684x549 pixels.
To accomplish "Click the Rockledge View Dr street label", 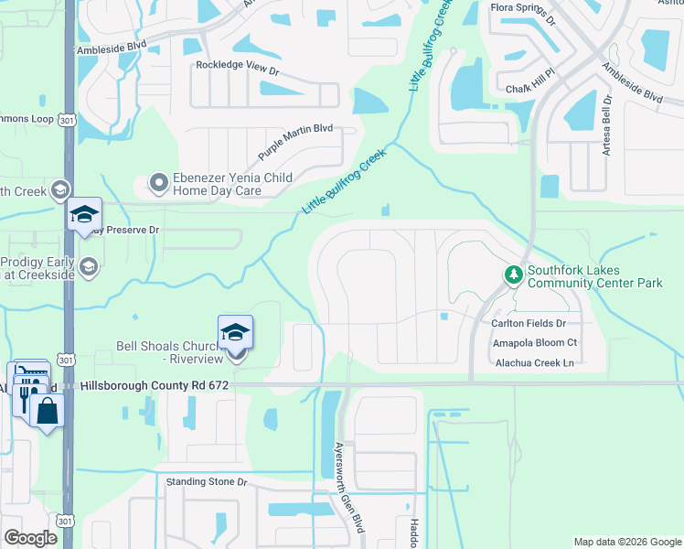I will (237, 66).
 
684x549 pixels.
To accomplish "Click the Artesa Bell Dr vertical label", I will (606, 129).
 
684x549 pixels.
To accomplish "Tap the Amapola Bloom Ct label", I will (535, 343).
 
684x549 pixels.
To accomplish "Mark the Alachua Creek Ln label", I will (533, 363).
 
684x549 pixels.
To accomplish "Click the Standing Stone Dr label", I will (206, 481).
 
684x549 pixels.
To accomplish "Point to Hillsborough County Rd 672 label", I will (154, 386).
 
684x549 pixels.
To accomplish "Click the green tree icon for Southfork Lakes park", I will (513, 274).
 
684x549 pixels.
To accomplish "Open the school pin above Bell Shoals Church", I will (235, 333).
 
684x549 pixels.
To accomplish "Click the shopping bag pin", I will (47, 411).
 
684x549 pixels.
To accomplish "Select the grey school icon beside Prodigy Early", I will (88, 266).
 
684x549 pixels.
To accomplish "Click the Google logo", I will (31, 538).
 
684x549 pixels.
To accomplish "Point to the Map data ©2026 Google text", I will (626, 542).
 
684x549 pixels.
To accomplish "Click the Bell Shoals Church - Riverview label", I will (170, 353).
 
